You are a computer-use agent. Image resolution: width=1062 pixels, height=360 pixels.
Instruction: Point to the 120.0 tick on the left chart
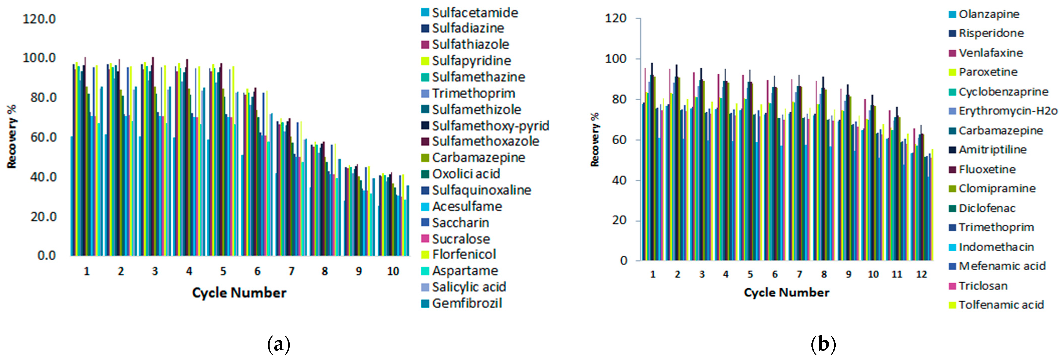coord(39,19)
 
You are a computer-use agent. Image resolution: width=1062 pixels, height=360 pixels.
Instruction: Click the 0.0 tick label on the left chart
coord(46,256)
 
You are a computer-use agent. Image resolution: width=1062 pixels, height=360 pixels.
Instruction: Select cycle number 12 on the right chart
coord(921,274)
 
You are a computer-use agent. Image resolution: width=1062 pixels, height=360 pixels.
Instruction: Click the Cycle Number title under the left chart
coord(239,293)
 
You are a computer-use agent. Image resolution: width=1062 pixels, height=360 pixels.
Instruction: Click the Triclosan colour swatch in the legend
coord(952,286)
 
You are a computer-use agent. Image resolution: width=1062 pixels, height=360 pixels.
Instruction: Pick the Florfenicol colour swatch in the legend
coord(425,255)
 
